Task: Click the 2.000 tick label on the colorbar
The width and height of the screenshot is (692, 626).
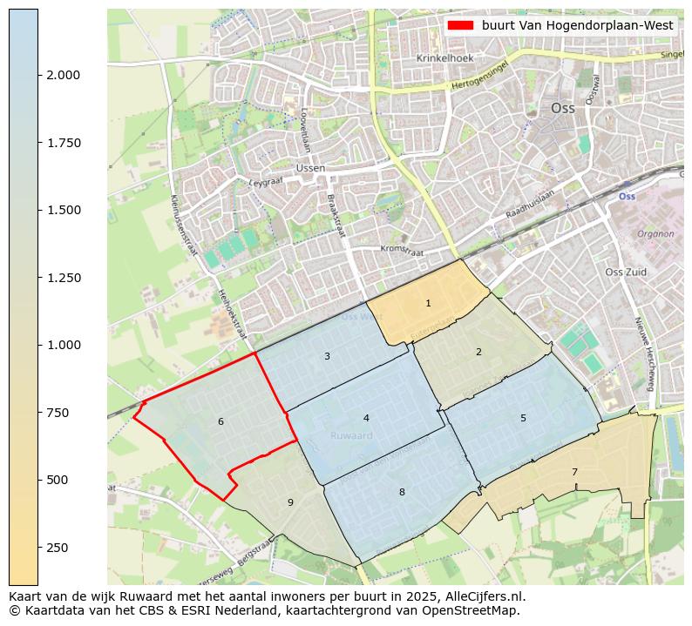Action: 62,75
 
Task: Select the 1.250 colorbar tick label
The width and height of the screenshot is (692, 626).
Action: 62,278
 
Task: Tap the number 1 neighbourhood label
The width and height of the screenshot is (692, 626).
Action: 428,303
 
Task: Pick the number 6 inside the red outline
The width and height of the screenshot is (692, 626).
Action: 220,422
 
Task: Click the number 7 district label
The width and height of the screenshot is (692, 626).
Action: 574,472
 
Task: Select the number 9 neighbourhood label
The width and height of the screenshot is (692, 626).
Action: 290,503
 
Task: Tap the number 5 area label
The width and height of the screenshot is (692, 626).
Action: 523,418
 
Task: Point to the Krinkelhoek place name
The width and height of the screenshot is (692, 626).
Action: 444,58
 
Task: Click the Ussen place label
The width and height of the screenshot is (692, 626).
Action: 310,168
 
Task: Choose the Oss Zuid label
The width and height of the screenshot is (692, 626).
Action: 626,273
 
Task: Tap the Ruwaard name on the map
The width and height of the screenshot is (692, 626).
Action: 352,435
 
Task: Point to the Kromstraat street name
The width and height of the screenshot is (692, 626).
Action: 402,250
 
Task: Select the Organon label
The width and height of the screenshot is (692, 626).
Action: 655,234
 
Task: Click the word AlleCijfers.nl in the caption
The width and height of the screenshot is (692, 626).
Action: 485,597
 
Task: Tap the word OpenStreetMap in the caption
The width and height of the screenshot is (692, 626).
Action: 476,611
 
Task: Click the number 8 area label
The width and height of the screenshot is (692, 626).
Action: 402,492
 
